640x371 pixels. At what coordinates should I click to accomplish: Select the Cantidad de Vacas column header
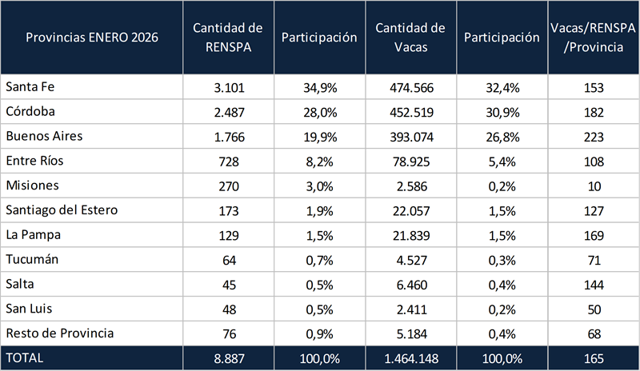click(410, 38)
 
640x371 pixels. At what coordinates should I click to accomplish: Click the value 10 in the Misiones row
click(592, 185)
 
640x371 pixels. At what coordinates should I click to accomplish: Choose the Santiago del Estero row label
click(62, 210)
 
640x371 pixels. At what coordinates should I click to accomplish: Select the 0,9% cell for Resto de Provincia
click(319, 333)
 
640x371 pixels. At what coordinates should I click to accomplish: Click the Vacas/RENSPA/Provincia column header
click(592, 38)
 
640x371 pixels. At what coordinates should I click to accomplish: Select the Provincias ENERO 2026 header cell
click(90, 38)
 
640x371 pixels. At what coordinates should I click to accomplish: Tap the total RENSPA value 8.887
click(229, 358)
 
